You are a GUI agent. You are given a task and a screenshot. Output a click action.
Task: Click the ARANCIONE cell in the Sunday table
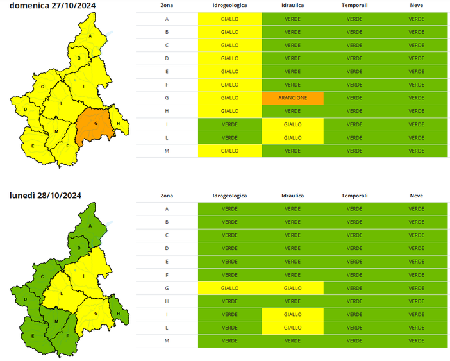pos(292,98)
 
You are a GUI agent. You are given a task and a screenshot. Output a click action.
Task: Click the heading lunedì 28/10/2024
pos(45,195)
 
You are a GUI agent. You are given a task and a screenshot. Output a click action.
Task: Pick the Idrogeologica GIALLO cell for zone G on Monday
pos(229,289)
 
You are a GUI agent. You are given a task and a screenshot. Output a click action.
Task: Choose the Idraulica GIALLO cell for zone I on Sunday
pos(292,124)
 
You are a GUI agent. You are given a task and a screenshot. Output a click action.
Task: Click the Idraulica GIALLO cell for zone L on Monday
pos(292,328)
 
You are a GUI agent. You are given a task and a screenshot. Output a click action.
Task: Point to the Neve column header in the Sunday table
pos(417,5)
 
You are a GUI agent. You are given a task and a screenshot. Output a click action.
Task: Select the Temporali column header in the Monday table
pos(354,196)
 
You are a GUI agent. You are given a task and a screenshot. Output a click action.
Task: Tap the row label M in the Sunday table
pos(167,151)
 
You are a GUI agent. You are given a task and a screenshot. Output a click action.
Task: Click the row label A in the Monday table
pos(167,209)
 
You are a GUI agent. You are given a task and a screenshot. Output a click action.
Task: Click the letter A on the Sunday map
pos(90,36)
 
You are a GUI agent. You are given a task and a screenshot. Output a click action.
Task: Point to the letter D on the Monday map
pos(25,299)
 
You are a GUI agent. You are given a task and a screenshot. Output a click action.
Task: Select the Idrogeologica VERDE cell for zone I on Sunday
pos(229,124)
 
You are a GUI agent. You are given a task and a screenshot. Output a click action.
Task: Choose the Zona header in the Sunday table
pos(167,5)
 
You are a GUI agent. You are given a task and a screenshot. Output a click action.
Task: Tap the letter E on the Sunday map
pos(33,146)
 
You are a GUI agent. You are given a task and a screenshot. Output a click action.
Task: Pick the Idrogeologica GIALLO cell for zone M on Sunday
pos(229,151)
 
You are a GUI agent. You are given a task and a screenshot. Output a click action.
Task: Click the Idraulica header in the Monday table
pos(292,196)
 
